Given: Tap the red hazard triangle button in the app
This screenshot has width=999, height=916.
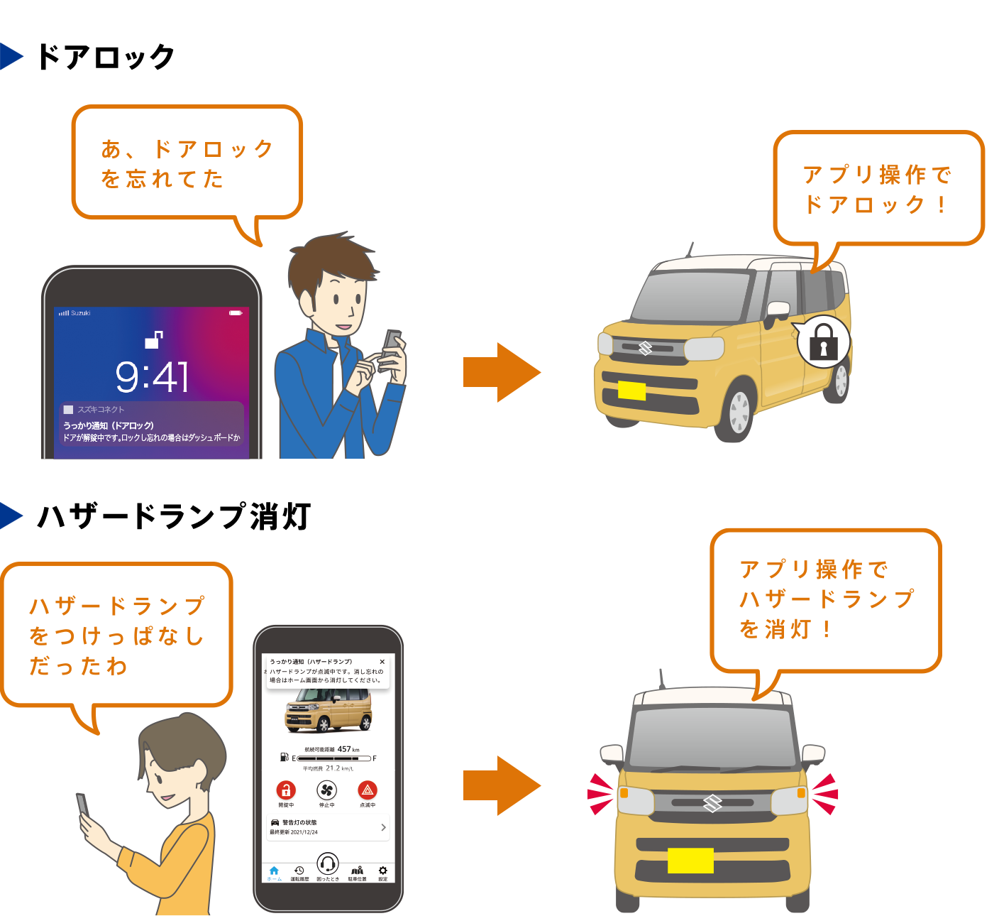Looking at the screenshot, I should click(x=368, y=790).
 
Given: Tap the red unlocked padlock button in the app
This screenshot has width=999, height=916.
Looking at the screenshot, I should click(x=286, y=790).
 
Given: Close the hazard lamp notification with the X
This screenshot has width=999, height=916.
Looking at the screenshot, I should click(x=382, y=662).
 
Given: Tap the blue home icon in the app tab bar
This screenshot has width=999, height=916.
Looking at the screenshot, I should click(x=274, y=871).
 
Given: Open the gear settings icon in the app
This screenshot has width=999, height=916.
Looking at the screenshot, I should click(x=383, y=871).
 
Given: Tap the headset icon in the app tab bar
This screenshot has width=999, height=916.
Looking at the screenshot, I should click(x=327, y=864).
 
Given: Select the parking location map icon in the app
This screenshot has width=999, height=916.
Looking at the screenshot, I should click(x=358, y=871).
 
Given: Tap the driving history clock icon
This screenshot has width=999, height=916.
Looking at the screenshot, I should click(x=299, y=871).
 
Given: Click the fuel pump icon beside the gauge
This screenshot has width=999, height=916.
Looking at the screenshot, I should click(x=285, y=757).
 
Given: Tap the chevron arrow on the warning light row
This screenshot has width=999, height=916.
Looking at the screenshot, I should click(x=383, y=827).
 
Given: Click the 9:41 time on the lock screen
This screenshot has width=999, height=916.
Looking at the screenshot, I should click(x=153, y=376).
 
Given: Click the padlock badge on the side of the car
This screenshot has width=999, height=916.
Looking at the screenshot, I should click(x=823, y=342).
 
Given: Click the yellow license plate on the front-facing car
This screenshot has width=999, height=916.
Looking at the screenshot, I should click(x=690, y=861).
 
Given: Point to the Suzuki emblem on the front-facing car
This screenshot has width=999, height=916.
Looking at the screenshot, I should click(x=712, y=803).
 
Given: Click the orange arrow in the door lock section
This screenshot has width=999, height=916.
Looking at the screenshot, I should click(x=501, y=372).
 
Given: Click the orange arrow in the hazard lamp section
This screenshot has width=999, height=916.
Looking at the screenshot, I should click(x=501, y=785).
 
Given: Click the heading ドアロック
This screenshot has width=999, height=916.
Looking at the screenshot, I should click(x=105, y=57).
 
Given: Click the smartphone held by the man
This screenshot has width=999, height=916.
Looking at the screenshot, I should click(x=391, y=348).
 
